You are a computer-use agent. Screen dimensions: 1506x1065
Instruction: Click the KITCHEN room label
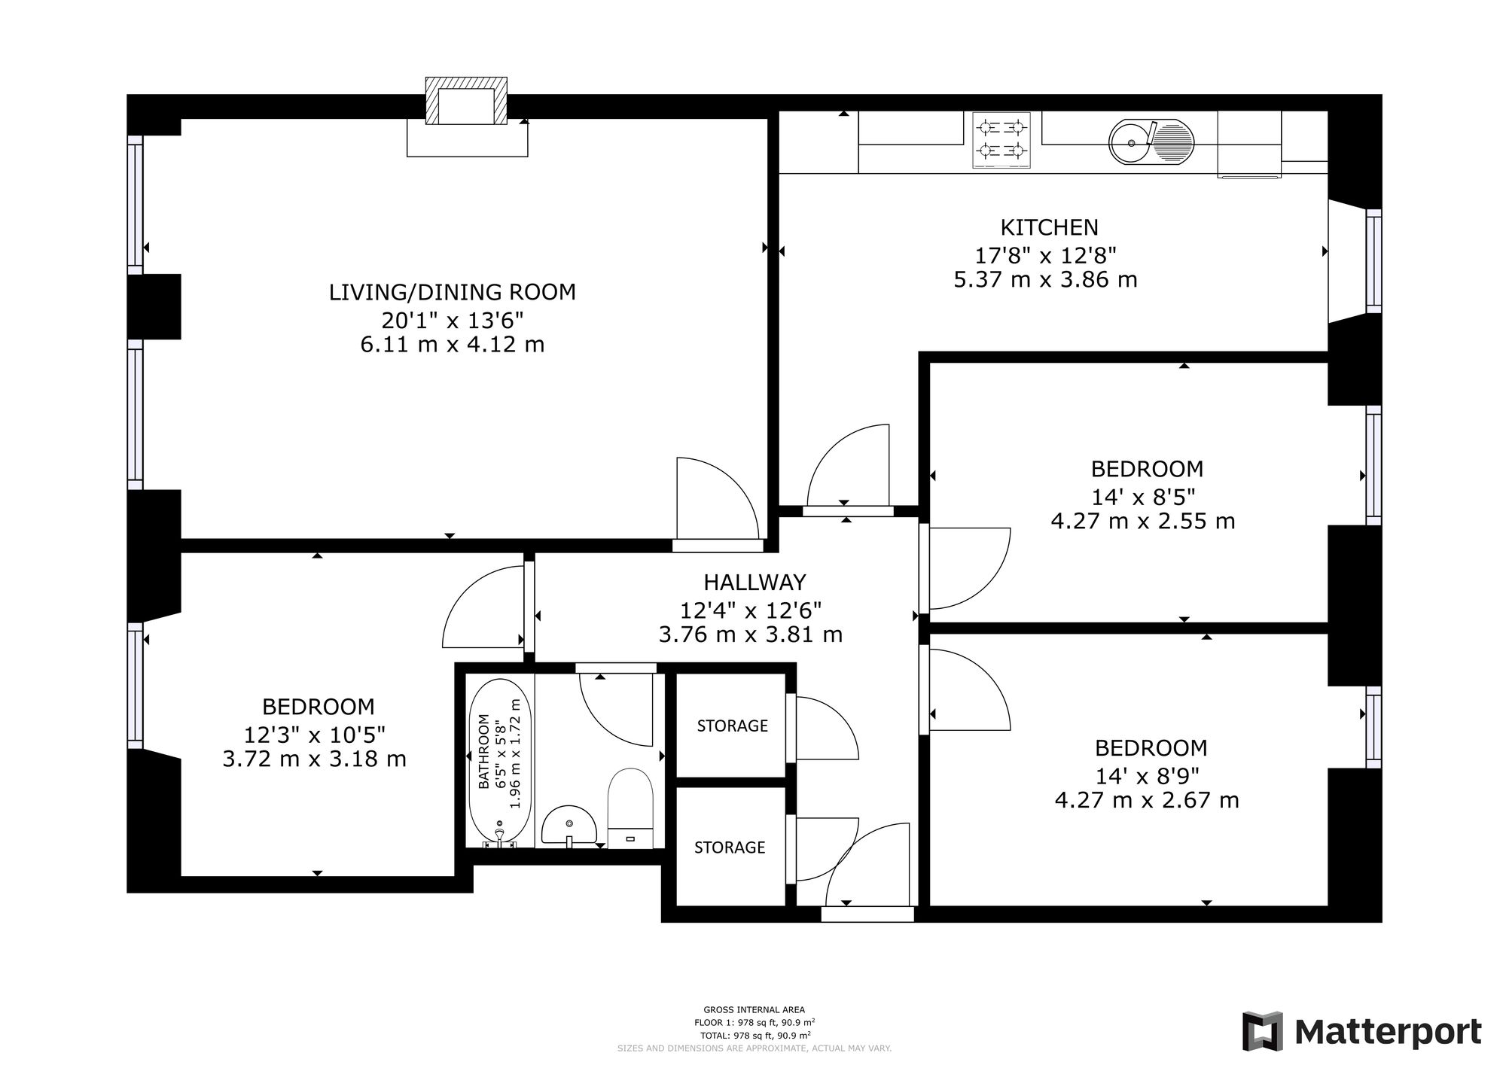pyautogui.click(x=1049, y=227)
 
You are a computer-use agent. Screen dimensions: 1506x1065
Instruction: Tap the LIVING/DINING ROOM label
pyautogui.click(x=452, y=292)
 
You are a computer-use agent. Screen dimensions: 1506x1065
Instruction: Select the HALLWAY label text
pyautogui.click(x=755, y=582)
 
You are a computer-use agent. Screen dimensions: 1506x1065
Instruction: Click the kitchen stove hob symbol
pyautogui.click(x=1001, y=140)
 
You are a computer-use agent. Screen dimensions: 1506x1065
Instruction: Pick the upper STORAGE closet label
pyautogui.click(x=732, y=726)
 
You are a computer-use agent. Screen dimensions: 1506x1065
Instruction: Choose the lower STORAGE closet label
pyautogui.click(x=729, y=847)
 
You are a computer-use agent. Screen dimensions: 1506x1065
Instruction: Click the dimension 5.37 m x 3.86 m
pyautogui.click(x=1045, y=280)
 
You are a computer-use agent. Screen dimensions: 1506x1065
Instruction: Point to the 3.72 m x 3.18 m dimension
pyautogui.click(x=314, y=759)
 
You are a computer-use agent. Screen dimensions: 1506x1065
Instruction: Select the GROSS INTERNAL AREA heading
pyautogui.click(x=754, y=1010)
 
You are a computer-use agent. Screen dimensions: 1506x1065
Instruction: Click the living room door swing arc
pyautogui.click(x=734, y=482)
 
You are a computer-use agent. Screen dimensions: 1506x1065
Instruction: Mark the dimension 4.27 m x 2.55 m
pyautogui.click(x=1143, y=521)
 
